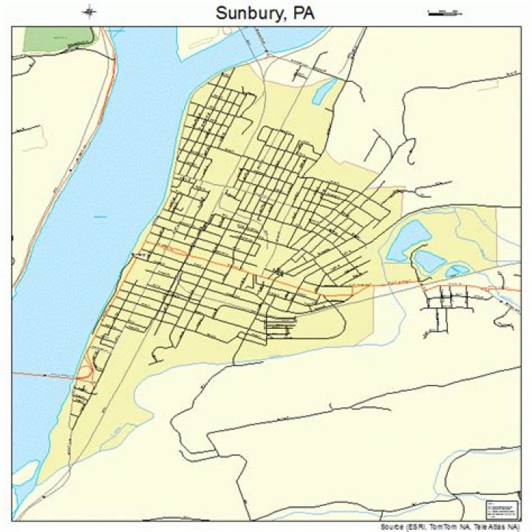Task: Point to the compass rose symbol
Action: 89,11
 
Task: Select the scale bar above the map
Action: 443,12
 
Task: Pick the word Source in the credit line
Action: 391,527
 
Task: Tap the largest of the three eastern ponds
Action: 409,239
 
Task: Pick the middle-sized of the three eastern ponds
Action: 429,260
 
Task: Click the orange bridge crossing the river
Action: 44,375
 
